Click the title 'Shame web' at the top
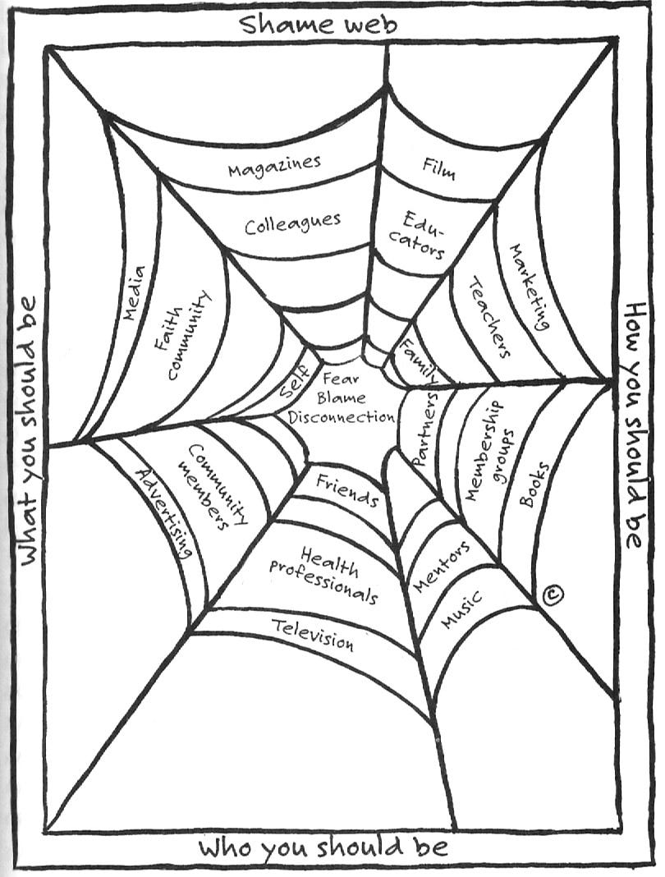pos(319,24)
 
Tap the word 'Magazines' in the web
pos(274,168)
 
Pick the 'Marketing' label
pos(529,287)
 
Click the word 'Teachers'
pos(490,316)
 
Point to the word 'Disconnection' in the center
pos(347,416)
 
